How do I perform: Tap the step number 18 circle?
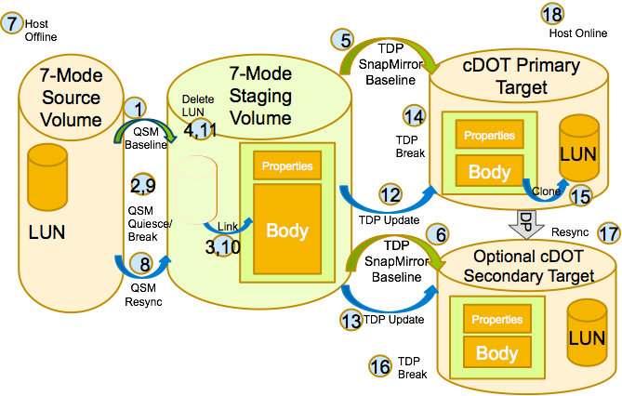[551, 13]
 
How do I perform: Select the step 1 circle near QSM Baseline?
[139, 108]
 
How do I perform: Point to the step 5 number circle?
[346, 40]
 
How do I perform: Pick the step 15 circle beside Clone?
[579, 196]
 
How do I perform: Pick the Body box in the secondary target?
[496, 353]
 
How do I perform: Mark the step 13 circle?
[351, 320]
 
